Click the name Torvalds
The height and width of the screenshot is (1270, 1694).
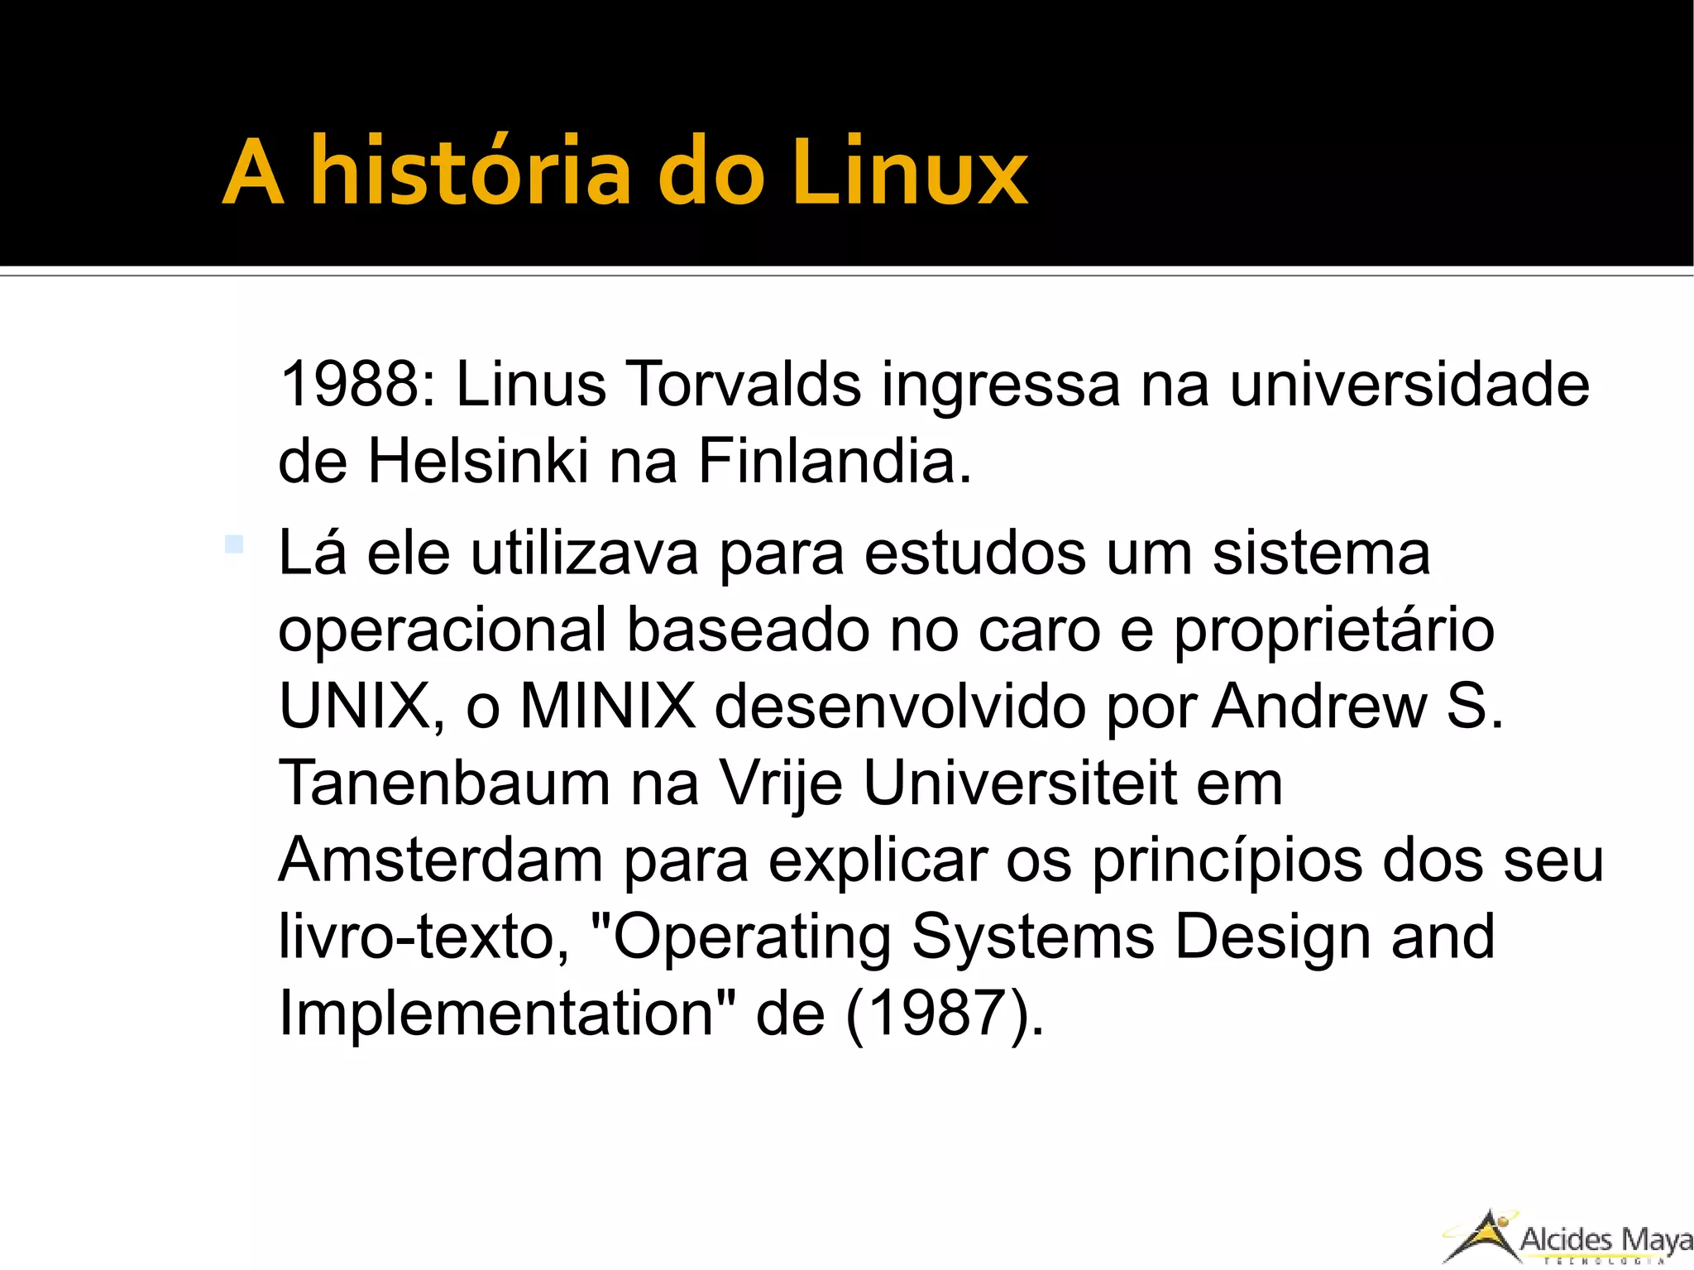[744, 385]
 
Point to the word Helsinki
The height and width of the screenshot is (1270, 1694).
[478, 462]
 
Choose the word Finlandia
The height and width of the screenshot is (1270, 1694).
[834, 462]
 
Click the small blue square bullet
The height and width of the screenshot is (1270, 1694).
[234, 544]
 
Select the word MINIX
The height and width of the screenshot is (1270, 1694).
[608, 707]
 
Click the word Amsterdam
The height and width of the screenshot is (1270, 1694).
[441, 860]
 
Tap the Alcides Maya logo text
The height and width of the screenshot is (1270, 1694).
[1605, 1240]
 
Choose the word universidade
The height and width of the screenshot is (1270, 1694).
[1409, 385]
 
